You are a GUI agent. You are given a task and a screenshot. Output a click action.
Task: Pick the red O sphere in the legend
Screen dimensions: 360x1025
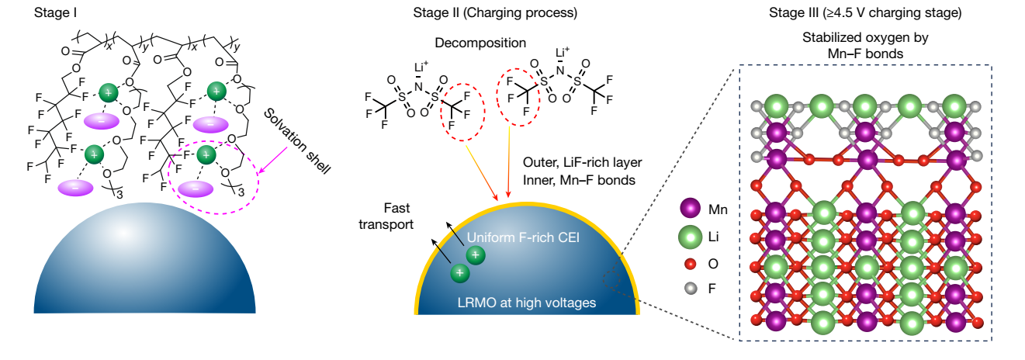click(x=689, y=263)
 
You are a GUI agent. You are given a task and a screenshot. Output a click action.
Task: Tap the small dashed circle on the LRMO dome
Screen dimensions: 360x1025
click(x=609, y=275)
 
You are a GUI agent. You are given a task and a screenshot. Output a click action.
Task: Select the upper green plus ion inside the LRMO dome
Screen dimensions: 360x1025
click(x=476, y=254)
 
